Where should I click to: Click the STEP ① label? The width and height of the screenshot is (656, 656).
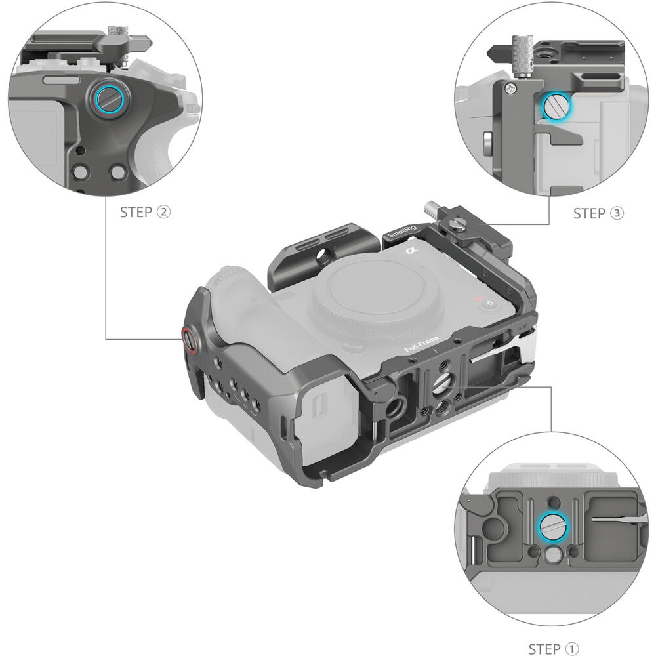coord(554,649)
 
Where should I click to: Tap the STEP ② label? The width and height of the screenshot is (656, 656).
coord(145,212)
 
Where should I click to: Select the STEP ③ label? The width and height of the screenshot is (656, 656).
coord(598,213)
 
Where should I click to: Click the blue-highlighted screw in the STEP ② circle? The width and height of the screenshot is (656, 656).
coord(108,100)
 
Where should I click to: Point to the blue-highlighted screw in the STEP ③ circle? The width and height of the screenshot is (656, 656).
coord(556,108)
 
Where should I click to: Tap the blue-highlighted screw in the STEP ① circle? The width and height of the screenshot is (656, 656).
coord(553,526)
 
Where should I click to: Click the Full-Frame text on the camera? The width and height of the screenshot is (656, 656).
coord(421,344)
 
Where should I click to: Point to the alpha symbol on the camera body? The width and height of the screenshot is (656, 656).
coord(412,250)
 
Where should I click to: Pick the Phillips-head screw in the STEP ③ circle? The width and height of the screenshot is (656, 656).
coord(510,88)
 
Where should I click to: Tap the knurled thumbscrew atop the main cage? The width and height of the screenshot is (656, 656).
coord(432,208)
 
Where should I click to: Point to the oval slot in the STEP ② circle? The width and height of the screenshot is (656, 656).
coord(61,80)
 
